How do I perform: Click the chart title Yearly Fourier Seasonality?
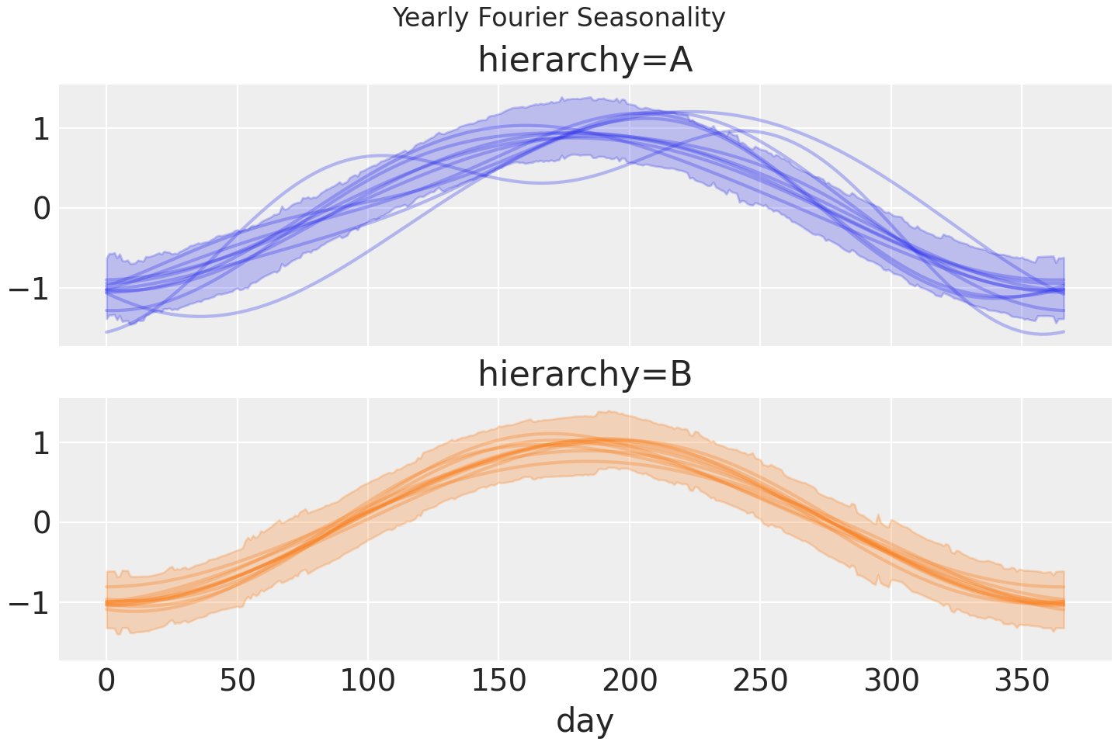pyautogui.click(x=559, y=17)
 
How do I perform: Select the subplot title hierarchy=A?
pyautogui.click(x=585, y=61)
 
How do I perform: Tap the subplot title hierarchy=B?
pyautogui.click(x=585, y=374)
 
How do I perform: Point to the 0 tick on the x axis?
pyautogui.click(x=106, y=681)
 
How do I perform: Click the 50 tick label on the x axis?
pyautogui.click(x=238, y=681)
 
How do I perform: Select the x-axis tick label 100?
pyautogui.click(x=368, y=681)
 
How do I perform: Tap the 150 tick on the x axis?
pyautogui.click(x=499, y=681)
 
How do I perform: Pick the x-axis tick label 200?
pyautogui.click(x=630, y=681)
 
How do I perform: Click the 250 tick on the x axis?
pyautogui.click(x=761, y=681)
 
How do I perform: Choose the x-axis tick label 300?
pyautogui.click(x=891, y=681)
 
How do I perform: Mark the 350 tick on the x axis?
pyautogui.click(x=1022, y=681)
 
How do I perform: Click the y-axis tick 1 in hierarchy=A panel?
pyautogui.click(x=42, y=129)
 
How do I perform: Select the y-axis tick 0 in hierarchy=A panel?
pyautogui.click(x=42, y=209)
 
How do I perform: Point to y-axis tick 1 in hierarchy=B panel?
pyautogui.click(x=42, y=443)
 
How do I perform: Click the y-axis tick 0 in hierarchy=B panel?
pyautogui.click(x=42, y=523)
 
